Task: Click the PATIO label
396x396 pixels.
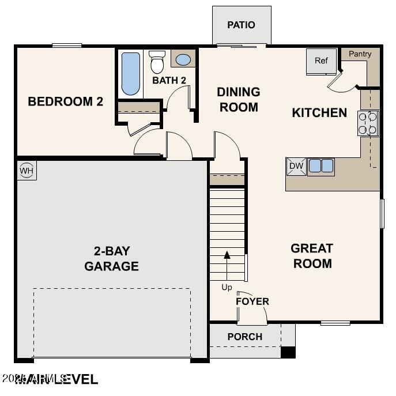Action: (x=241, y=25)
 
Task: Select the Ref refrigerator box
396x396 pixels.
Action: (x=321, y=61)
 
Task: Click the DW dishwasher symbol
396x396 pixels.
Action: (x=296, y=167)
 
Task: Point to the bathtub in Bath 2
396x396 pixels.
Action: (x=131, y=74)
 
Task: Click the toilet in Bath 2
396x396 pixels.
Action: (x=157, y=62)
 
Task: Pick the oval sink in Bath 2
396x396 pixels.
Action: (x=183, y=59)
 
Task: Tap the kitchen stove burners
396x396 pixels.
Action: (x=368, y=123)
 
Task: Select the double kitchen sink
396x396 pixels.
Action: (x=321, y=167)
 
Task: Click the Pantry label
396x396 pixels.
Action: (x=360, y=54)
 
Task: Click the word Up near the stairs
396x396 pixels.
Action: (x=227, y=287)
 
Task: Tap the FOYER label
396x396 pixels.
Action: (x=252, y=301)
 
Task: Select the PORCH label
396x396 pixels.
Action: (x=245, y=337)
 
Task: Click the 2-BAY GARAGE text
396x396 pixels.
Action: (x=112, y=259)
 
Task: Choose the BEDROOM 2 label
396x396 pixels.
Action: (x=66, y=101)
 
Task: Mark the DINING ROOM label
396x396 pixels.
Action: (x=238, y=99)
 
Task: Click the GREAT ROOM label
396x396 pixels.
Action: (x=311, y=256)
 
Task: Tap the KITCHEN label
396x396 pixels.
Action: (x=319, y=112)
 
